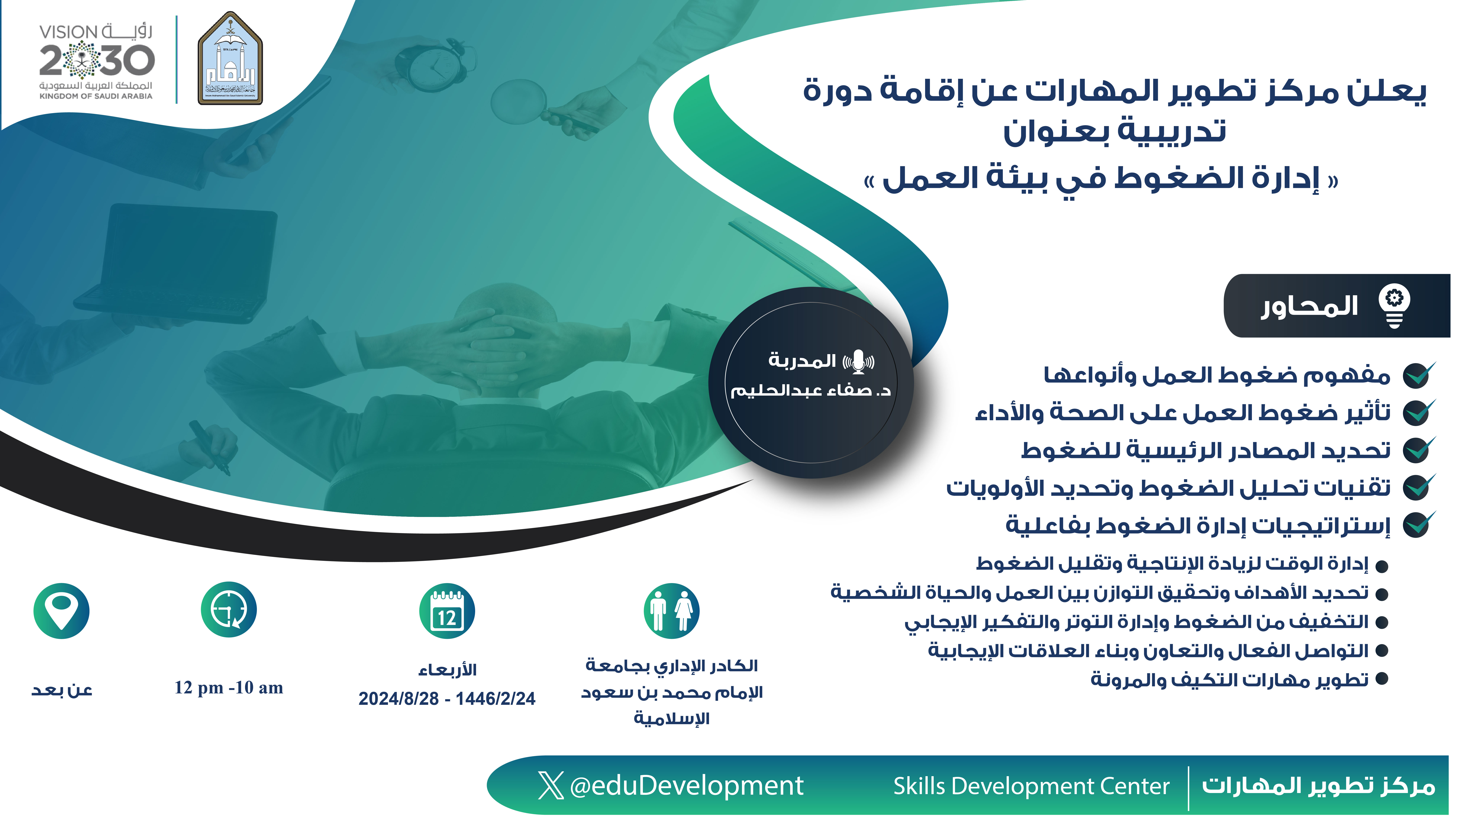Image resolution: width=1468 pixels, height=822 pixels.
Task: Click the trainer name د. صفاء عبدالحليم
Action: point(810,391)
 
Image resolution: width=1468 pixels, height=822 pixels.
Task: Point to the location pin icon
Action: point(62,610)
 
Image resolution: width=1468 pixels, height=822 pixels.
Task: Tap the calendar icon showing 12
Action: point(447,610)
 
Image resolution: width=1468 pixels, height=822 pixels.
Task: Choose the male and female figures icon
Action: point(671,610)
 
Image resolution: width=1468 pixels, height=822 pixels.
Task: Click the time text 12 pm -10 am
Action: point(229,688)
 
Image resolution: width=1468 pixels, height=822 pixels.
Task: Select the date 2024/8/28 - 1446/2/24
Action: point(447,699)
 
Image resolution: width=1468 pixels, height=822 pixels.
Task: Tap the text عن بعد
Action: point(62,690)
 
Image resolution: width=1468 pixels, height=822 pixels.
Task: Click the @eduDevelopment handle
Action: point(686,786)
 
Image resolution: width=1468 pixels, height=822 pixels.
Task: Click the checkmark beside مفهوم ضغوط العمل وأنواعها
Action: point(1418,375)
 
